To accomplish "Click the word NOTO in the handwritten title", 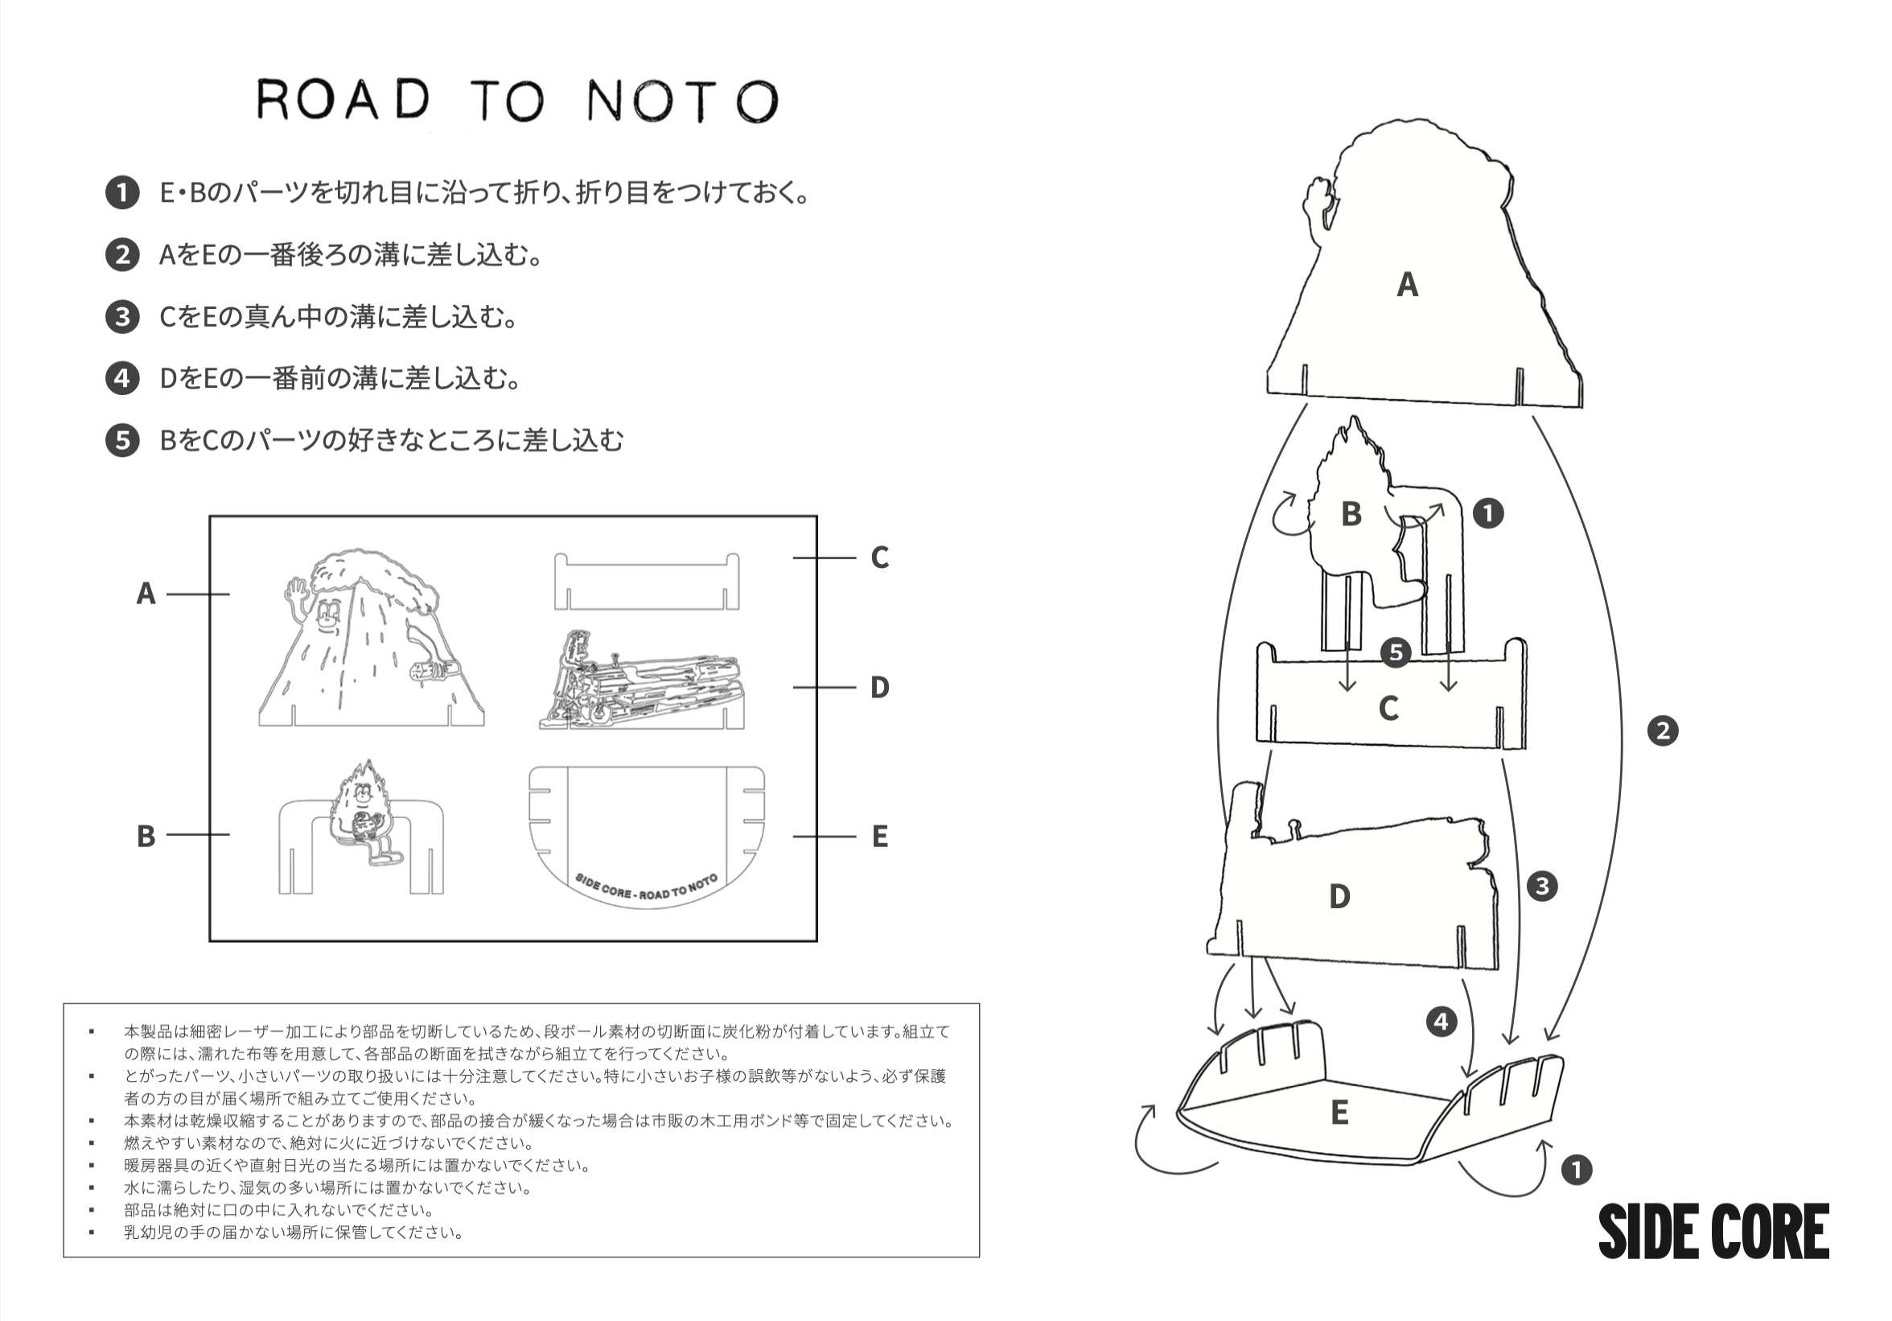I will click(x=682, y=101).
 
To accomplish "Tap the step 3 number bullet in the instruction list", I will click(x=122, y=316).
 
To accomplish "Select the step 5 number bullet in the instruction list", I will click(x=122, y=440).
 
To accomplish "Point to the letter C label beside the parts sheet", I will click(x=879, y=558).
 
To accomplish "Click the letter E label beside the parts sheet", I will click(x=879, y=837).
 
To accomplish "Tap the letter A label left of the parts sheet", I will click(x=146, y=594).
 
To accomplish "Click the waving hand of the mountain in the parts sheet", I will click(x=295, y=591).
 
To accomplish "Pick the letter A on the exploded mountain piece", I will click(x=1408, y=285).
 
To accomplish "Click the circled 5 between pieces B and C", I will click(x=1396, y=652).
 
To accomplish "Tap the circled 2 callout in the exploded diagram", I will click(x=1662, y=731).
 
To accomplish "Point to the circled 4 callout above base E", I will click(x=1442, y=1022).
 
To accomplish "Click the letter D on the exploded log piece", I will click(x=1339, y=896).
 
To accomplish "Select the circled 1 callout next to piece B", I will click(x=1487, y=513).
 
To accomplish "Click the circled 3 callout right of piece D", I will click(x=1542, y=886).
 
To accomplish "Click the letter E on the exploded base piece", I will click(x=1340, y=1113).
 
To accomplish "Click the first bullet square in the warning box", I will click(x=92, y=1031).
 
